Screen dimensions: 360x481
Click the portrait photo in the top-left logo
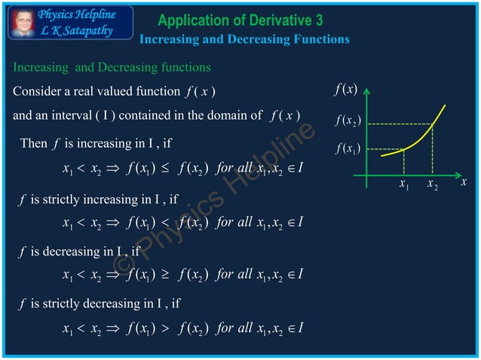tap(22, 23)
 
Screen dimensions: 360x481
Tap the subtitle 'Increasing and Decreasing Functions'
tap(245, 39)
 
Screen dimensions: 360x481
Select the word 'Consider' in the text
tap(38, 92)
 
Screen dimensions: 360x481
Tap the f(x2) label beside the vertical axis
tap(348, 121)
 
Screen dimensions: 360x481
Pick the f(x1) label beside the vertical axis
tap(348, 148)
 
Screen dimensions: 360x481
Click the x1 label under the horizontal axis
tap(404, 185)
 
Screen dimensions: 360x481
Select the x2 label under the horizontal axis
tap(432, 185)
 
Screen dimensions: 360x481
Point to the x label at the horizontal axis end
tap(464, 182)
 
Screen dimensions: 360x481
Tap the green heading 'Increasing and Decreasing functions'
tap(112, 68)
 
